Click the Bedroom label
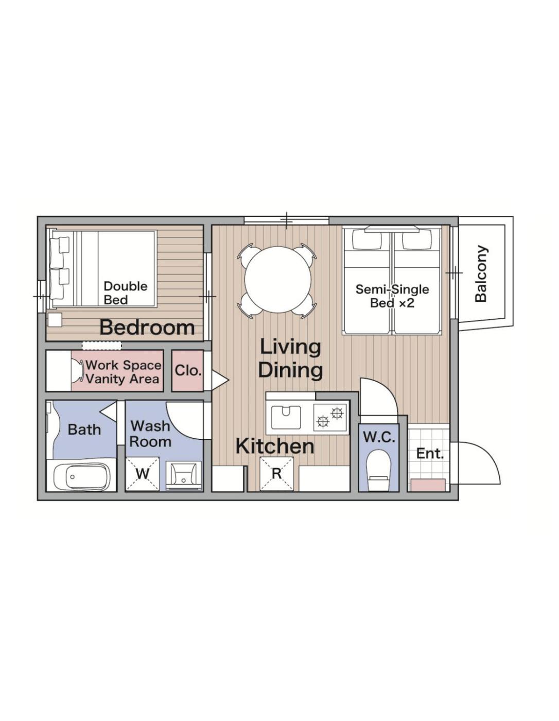147,327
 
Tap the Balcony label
481,274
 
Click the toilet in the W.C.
378,470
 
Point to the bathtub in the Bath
81,476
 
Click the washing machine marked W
142,473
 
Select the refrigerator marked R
276,473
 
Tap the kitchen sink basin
286,417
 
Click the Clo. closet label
188,370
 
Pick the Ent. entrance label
430,453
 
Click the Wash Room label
150,434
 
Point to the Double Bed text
125,293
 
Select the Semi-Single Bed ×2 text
392,296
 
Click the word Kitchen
275,447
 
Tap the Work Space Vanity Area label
123,372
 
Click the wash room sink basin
183,475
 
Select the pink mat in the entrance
428,485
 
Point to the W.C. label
379,438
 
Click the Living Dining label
290,358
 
